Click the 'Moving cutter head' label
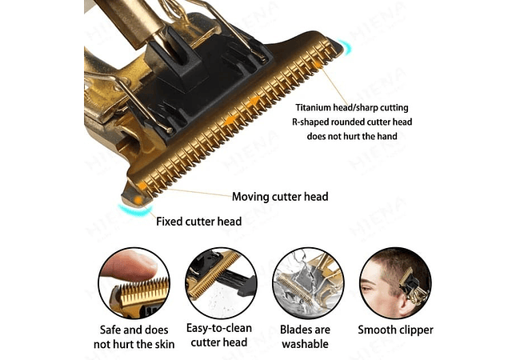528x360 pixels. [x=280, y=197]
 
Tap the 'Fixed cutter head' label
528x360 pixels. [x=198, y=222]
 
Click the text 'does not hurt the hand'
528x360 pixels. [x=352, y=136]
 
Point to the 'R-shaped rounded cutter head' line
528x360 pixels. [x=352, y=122]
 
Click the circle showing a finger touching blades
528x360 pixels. [x=134, y=283]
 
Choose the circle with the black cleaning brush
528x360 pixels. [x=221, y=283]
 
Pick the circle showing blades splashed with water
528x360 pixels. [x=308, y=283]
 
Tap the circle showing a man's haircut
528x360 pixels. [x=395, y=283]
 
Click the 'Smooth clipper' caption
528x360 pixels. [x=395, y=330]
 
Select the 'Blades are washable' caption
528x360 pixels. [x=305, y=337]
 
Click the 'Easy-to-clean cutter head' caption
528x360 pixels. [x=219, y=335]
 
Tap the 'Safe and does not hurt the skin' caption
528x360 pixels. [x=134, y=337]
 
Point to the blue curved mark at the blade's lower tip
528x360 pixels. [x=134, y=211]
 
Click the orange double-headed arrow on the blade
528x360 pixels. [x=242, y=111]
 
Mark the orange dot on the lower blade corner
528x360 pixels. [x=138, y=201]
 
